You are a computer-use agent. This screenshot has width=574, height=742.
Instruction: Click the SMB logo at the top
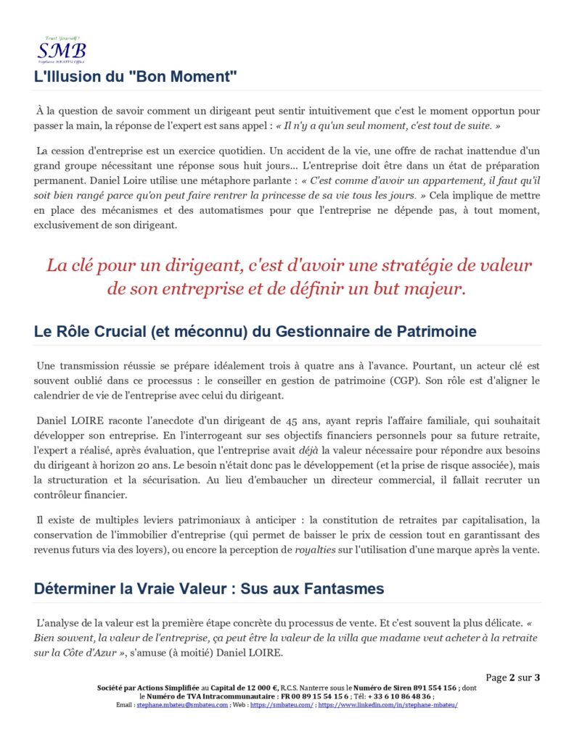point(62,50)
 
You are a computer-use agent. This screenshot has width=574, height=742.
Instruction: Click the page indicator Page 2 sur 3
point(513,678)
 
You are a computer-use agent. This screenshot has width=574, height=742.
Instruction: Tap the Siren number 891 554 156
point(430,688)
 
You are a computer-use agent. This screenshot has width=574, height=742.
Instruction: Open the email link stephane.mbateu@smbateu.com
point(181,704)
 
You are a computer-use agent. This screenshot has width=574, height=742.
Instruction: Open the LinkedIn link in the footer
point(388,704)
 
